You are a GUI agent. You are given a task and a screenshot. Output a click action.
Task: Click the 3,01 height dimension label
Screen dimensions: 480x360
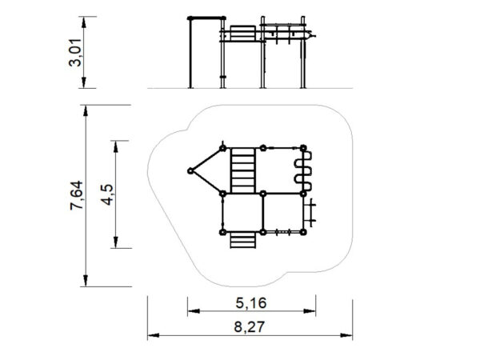(75, 53)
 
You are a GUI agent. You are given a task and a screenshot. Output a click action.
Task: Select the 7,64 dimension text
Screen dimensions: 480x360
(76, 195)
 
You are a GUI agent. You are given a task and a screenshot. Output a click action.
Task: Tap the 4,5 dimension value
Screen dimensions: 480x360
(107, 194)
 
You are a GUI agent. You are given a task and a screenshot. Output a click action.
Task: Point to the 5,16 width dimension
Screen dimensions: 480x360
(251, 303)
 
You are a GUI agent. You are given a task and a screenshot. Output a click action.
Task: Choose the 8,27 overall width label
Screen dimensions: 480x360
(249, 327)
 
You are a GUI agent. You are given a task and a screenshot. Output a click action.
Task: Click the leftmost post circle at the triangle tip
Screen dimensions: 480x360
(190, 171)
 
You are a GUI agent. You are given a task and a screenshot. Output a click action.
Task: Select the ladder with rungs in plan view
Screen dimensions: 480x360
(242, 170)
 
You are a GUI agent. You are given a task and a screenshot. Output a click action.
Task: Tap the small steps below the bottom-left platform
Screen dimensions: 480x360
(242, 240)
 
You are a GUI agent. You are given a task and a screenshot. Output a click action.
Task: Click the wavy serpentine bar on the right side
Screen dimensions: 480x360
(304, 171)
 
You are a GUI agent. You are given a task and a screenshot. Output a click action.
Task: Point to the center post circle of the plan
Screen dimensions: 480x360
(263, 194)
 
